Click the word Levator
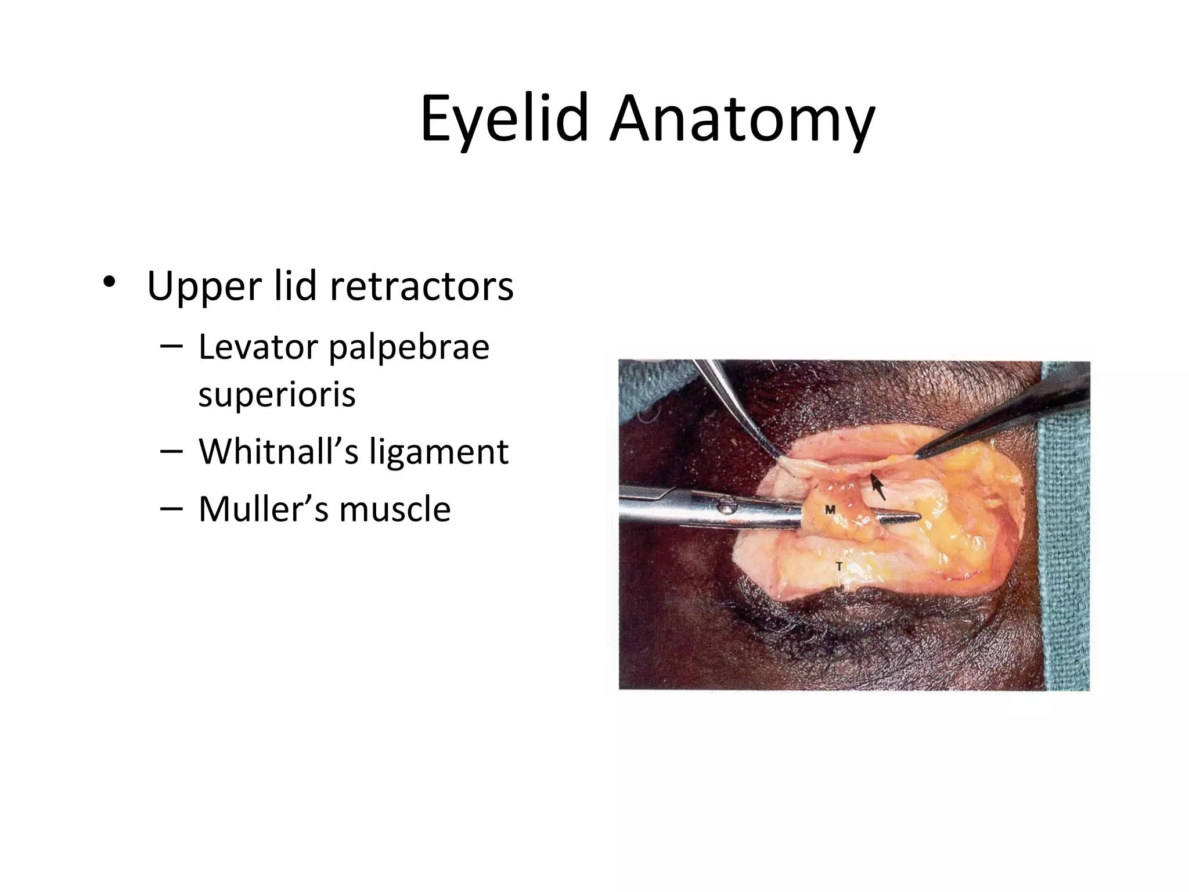(258, 347)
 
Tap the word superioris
(277, 395)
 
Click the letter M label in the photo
(830, 509)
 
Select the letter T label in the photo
(839, 566)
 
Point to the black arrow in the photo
(878, 487)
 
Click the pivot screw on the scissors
(727, 508)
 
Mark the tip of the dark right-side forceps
(916, 455)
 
